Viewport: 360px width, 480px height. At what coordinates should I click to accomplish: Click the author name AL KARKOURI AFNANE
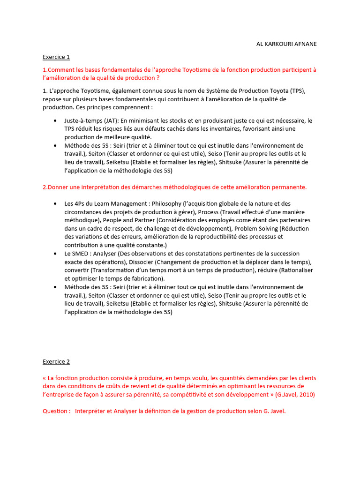286,44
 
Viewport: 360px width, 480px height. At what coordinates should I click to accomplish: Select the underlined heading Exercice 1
56,57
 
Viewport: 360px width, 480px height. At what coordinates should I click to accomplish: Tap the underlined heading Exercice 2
56,361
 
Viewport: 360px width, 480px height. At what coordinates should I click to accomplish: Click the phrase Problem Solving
257,228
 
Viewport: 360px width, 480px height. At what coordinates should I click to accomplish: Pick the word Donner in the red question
60,187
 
